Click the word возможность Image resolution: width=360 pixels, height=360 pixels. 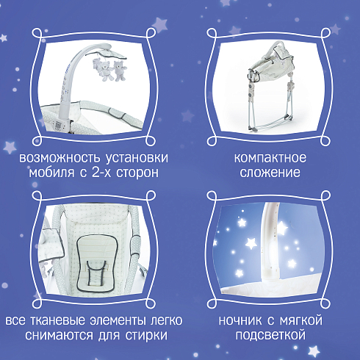(60, 158)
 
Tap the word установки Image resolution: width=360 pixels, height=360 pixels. (137, 158)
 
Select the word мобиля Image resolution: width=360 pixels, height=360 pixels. (51, 173)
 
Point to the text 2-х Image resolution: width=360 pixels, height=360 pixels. (98, 173)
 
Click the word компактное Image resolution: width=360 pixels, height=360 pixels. (270, 158)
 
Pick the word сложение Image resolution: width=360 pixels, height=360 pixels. (270, 173)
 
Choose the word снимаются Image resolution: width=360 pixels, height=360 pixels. (59, 335)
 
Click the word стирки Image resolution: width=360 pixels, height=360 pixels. (146, 335)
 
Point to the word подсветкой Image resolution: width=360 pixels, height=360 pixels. (270, 335)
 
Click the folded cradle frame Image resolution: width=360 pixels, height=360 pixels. (270, 86)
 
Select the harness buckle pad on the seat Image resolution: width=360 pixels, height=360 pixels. (96, 273)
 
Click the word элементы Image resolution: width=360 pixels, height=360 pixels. (118, 321)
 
